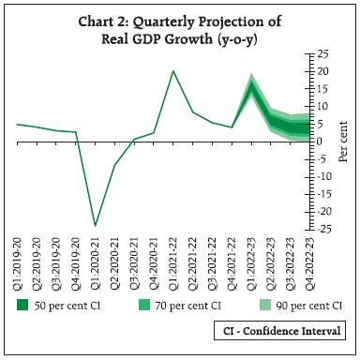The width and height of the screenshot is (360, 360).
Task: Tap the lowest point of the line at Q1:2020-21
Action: point(95,225)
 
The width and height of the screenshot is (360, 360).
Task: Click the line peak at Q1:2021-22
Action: point(172,71)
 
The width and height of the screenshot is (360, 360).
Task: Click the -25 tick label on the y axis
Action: point(322,230)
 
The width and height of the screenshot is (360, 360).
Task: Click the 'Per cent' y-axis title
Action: point(344,142)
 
